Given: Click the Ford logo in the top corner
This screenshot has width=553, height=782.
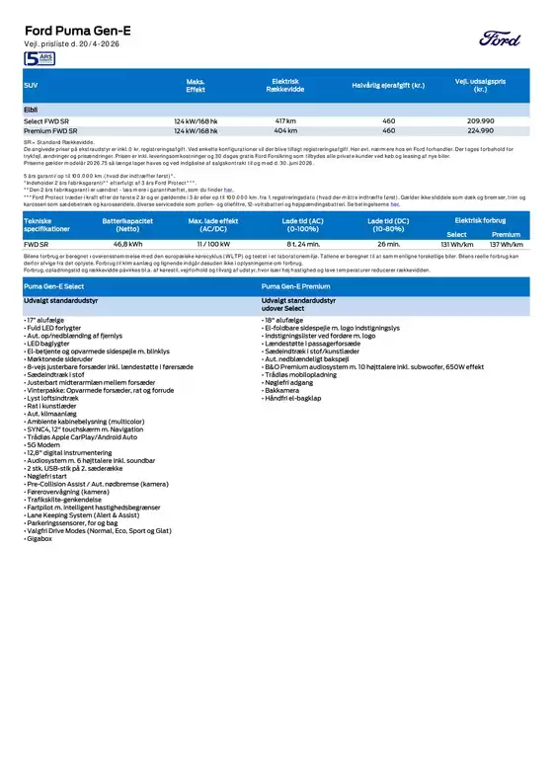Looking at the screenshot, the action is click(502, 39).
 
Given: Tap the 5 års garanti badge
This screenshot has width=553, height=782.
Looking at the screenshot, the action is click(39, 60).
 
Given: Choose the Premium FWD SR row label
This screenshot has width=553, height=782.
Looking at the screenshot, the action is click(51, 129).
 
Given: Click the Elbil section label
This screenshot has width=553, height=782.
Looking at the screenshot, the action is click(32, 108).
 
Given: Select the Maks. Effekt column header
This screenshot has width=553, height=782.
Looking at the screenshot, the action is click(196, 86).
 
